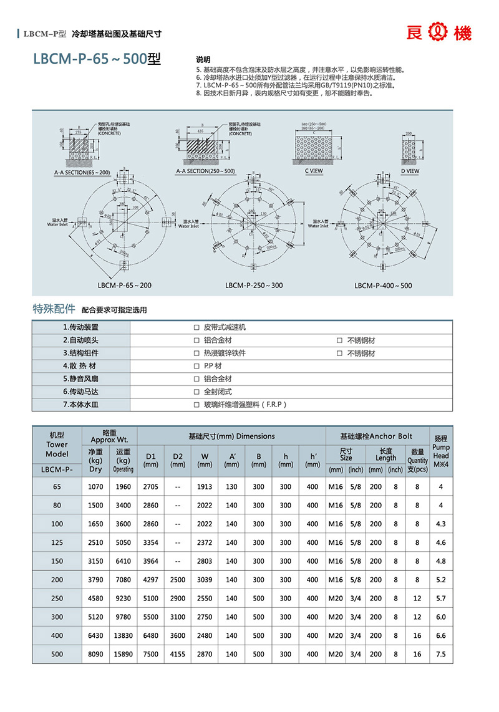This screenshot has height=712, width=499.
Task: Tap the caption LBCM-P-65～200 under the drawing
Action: point(125,286)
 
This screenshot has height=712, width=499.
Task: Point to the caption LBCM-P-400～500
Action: point(383,286)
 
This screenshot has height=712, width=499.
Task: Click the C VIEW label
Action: point(314,170)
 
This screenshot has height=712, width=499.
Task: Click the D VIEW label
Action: point(410,170)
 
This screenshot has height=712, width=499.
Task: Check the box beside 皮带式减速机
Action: point(196,327)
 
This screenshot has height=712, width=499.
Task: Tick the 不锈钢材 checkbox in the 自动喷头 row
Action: point(339,340)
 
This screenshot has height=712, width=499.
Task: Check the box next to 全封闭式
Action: point(196,392)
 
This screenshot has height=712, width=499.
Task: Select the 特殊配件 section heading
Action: point(54,309)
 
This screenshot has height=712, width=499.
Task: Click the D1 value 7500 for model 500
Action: point(151,655)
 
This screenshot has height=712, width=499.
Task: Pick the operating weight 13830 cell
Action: point(124,636)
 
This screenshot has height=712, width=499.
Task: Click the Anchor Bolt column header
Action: point(376,436)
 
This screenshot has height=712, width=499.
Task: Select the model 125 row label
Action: point(57,542)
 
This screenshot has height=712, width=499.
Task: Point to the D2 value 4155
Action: point(178,655)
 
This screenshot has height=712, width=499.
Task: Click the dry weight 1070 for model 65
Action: point(95,486)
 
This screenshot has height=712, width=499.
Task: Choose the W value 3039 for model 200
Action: point(205,580)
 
